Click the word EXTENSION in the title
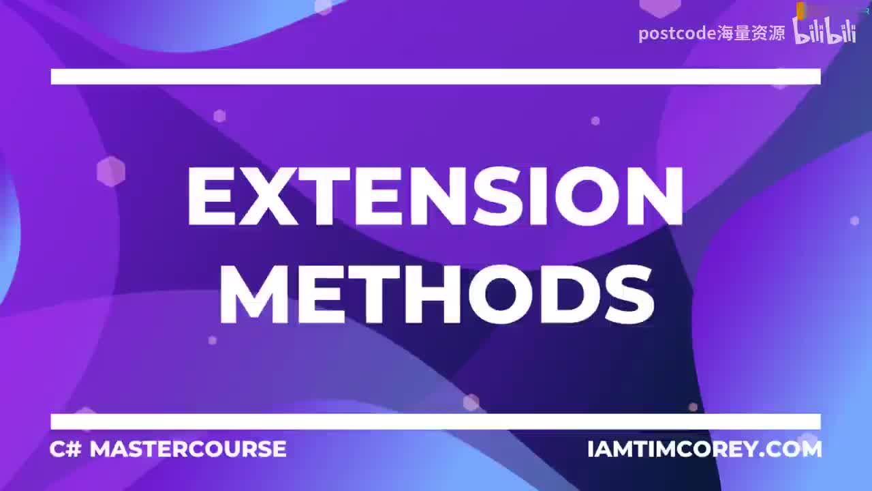435,197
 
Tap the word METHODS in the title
436,295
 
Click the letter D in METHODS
560,295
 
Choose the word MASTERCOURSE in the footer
188,449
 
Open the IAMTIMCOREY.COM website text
704,449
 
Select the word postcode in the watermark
677,33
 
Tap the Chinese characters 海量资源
751,33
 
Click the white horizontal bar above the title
435,76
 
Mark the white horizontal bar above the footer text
435,421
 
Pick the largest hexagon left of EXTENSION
111,171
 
